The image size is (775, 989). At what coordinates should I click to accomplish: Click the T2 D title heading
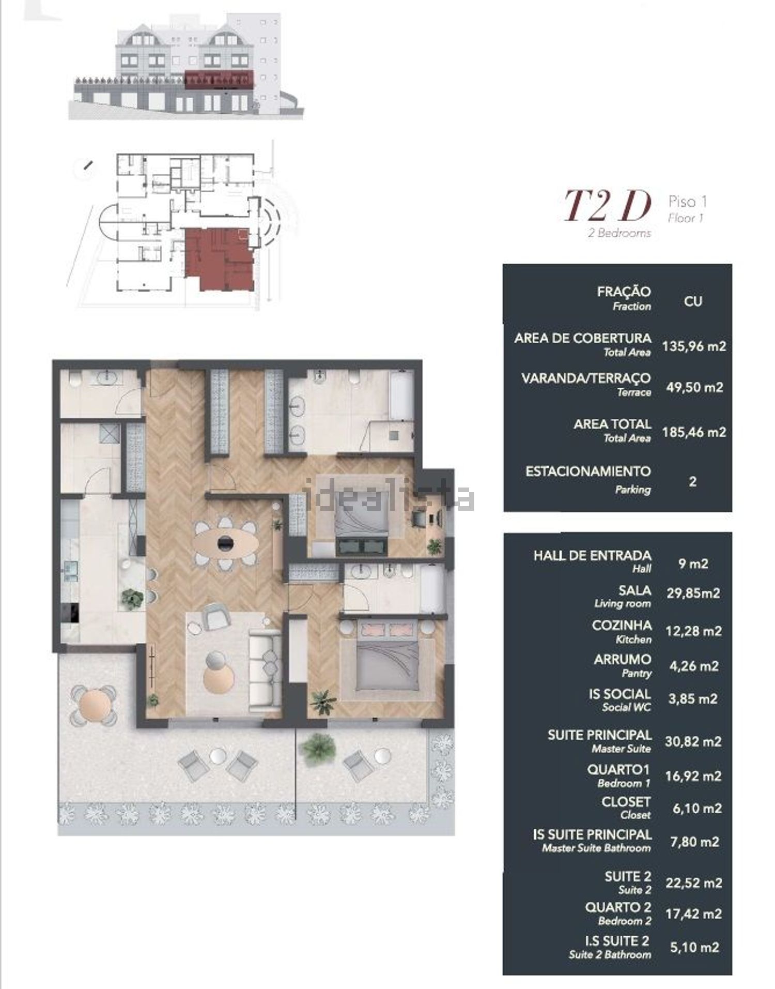click(x=607, y=206)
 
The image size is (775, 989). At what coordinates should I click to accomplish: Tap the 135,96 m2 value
click(x=694, y=346)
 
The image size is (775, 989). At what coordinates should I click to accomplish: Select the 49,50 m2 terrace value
click(x=694, y=387)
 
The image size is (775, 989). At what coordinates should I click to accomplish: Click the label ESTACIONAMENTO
click(x=588, y=471)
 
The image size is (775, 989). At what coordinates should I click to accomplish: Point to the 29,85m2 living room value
click(x=693, y=593)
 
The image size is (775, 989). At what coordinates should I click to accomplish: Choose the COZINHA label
click(x=622, y=626)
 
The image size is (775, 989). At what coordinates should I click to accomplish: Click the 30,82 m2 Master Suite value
click(x=693, y=741)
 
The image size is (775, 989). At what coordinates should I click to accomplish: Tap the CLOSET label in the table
click(x=626, y=802)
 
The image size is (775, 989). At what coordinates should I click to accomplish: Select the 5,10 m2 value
click(x=694, y=947)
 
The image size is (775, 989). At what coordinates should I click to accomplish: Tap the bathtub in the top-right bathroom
click(x=401, y=395)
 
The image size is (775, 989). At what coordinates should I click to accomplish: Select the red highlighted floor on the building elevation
click(x=219, y=79)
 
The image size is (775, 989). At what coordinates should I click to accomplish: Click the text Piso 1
click(x=687, y=201)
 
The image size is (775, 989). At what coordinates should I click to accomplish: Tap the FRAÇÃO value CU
click(x=693, y=301)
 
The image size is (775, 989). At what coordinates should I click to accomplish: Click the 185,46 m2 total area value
click(x=694, y=432)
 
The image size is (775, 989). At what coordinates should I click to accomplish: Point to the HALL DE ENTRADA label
click(x=592, y=556)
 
